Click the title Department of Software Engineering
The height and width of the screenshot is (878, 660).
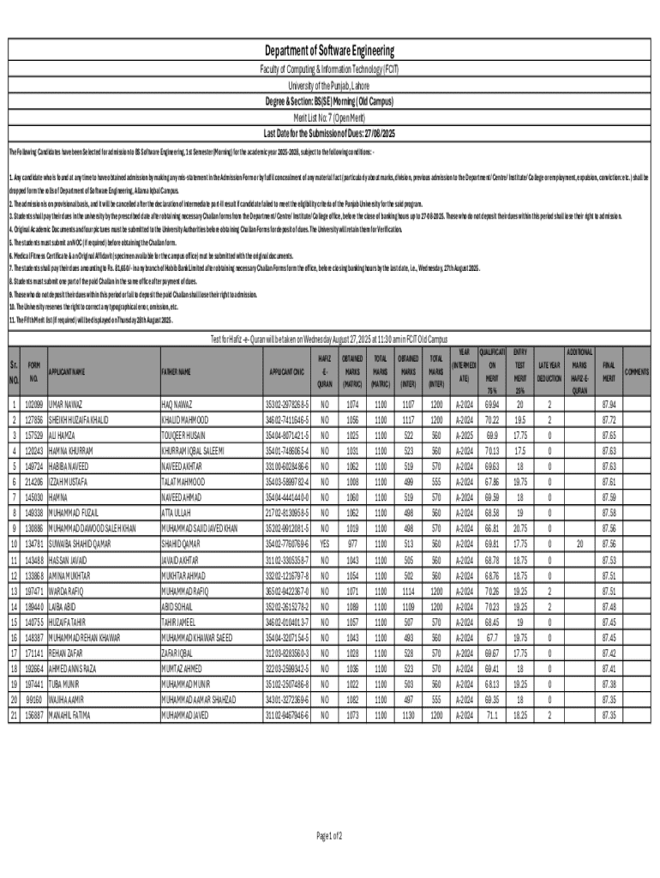tap(329, 51)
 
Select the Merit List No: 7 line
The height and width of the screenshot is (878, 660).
tap(329, 117)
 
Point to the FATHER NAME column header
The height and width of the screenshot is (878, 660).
tap(177, 371)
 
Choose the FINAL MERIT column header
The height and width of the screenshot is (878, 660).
tap(609, 371)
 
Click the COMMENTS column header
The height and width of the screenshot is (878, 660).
tap(638, 371)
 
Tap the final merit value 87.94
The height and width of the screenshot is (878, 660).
tap(609, 402)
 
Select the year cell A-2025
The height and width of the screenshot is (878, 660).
tap(464, 435)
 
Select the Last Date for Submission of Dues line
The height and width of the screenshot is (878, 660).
tap(329, 133)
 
